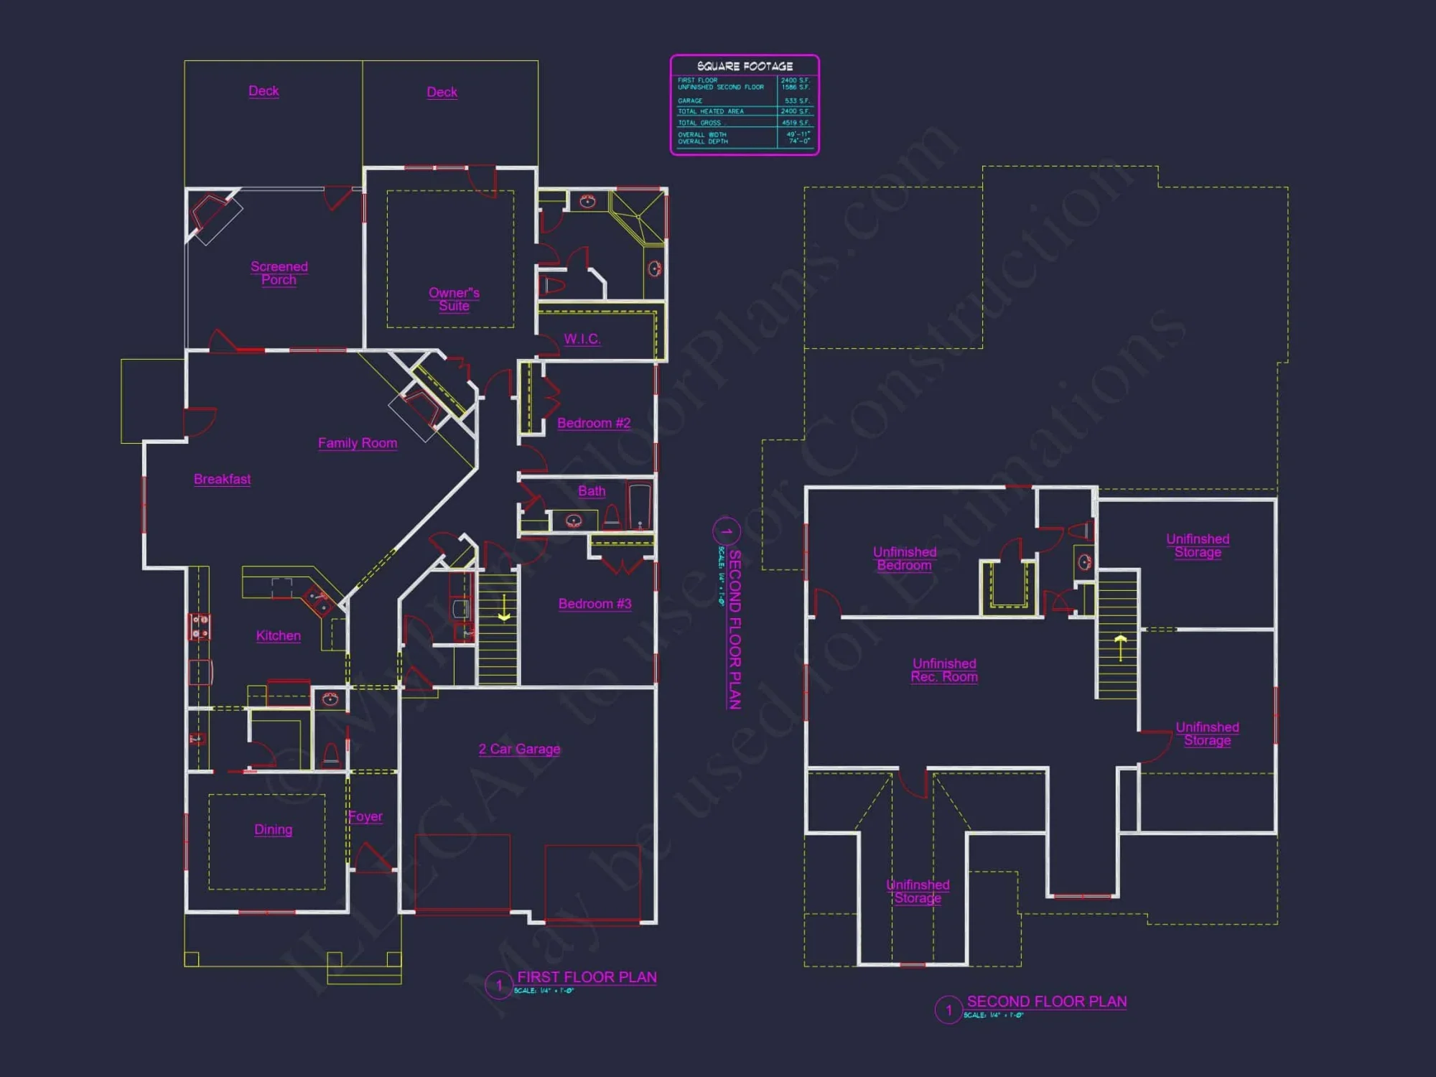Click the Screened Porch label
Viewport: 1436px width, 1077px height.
(279, 273)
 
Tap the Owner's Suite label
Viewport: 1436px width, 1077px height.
(454, 299)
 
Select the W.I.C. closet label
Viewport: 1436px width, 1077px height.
(582, 339)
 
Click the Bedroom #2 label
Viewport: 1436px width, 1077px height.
(594, 423)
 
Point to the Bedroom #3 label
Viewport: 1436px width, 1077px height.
(595, 604)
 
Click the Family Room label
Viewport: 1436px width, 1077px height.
(358, 443)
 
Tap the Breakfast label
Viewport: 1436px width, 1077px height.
(222, 479)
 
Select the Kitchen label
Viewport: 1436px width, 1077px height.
(279, 635)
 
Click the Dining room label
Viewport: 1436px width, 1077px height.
(273, 829)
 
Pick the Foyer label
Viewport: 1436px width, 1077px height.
(365, 816)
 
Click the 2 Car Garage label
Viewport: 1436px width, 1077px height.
(519, 749)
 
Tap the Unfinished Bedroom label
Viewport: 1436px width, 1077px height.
(904, 559)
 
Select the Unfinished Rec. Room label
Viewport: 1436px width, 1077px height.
(944, 670)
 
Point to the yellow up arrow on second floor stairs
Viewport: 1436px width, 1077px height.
(1120, 646)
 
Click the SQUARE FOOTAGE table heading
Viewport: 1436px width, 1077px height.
(745, 66)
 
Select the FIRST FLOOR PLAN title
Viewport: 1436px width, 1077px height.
(587, 977)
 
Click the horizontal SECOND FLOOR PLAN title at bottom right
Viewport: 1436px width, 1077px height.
(1046, 1002)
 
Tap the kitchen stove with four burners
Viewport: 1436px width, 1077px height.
(200, 627)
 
